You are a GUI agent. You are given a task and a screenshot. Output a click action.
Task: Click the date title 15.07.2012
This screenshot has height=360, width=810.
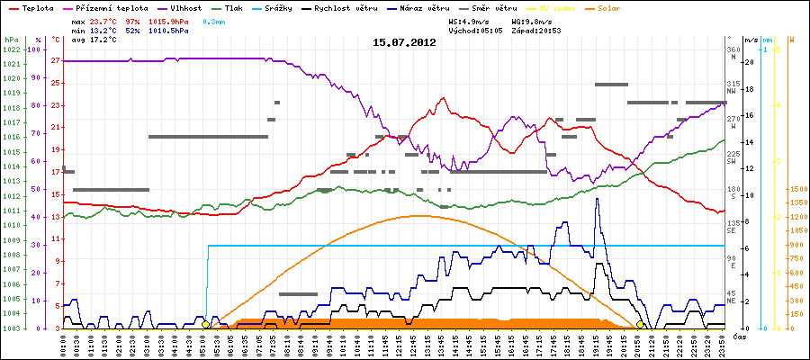coord(404,42)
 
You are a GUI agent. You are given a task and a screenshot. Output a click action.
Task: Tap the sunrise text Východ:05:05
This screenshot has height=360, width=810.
coord(475,30)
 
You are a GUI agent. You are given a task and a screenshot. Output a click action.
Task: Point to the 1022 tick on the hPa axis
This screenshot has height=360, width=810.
coord(11,49)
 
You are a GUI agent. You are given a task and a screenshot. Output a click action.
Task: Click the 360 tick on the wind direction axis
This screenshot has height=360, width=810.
coord(734,49)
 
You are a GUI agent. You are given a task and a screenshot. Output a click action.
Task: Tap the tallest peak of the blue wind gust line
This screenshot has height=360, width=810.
coord(597,199)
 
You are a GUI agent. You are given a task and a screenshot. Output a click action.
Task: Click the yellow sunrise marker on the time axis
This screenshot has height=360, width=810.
coord(205,324)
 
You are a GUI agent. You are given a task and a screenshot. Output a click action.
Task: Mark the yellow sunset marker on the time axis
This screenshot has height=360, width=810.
coord(640,324)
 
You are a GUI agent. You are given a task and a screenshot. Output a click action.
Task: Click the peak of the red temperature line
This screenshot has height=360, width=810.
coord(443,98)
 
